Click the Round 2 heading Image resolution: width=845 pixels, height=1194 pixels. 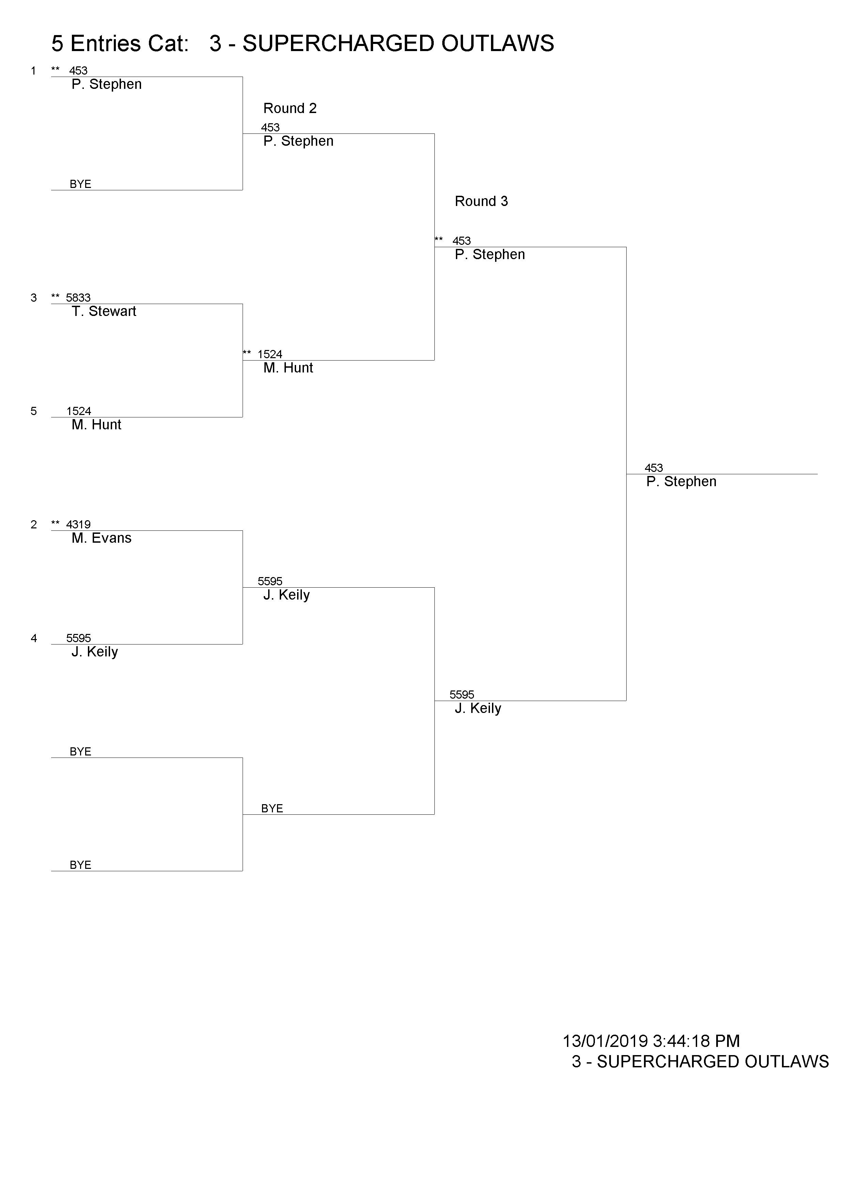[290, 108]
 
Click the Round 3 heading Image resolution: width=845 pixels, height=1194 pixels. [481, 201]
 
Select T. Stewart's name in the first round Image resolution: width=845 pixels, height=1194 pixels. [104, 312]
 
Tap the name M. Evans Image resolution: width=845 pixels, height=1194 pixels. [102, 538]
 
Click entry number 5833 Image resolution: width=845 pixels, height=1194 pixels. [78, 298]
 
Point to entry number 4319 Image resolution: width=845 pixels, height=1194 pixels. [78, 524]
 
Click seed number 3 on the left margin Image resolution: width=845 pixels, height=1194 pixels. [34, 298]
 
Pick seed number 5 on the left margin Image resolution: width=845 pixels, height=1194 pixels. [34, 411]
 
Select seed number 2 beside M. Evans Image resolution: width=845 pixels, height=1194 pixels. [34, 525]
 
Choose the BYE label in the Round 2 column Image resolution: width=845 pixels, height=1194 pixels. [272, 809]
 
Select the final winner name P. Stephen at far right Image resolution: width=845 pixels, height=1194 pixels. [681, 481]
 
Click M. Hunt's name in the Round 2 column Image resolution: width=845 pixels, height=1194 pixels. [288, 368]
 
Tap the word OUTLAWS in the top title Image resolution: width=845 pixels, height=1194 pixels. [497, 44]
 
